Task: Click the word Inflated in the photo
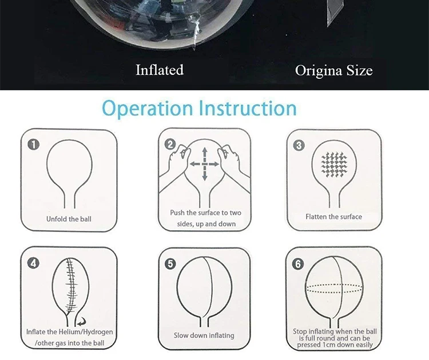coord(160,70)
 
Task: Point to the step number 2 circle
coord(169,145)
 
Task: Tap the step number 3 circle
coord(298,145)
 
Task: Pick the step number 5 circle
coord(169,264)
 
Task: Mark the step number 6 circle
coord(298,264)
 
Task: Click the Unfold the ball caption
coord(69,219)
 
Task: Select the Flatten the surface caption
coord(333,217)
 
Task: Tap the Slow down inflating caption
coord(204,335)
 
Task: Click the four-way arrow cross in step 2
coord(204,163)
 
